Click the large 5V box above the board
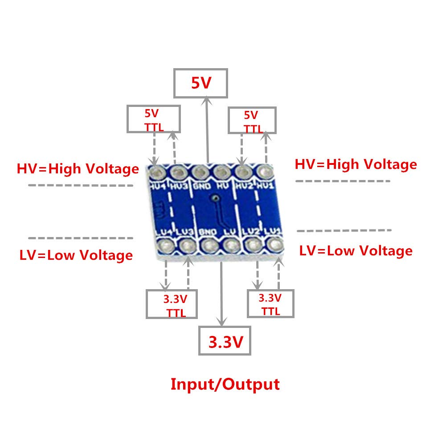tap(200, 83)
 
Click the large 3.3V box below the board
tap(225, 341)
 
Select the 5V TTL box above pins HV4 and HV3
tap(154, 119)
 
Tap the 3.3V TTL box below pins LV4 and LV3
tap(172, 304)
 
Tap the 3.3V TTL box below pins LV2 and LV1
tap(270, 303)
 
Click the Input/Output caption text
tap(225, 384)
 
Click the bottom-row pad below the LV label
tap(231, 245)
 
